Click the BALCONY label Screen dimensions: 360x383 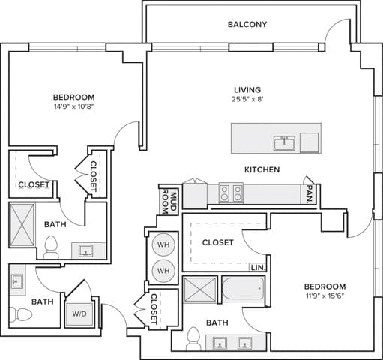(x=247, y=24)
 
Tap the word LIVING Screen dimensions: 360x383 (x=247, y=88)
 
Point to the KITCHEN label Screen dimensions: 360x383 (x=262, y=170)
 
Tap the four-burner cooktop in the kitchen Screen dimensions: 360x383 (x=230, y=194)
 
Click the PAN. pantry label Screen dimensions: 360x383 (x=308, y=194)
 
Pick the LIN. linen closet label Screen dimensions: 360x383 (x=257, y=267)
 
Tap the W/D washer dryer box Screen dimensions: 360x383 (x=79, y=313)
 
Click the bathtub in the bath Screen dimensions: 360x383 (x=243, y=288)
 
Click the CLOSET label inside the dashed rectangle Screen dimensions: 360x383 (x=217, y=242)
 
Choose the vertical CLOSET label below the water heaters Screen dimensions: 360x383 (x=154, y=309)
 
